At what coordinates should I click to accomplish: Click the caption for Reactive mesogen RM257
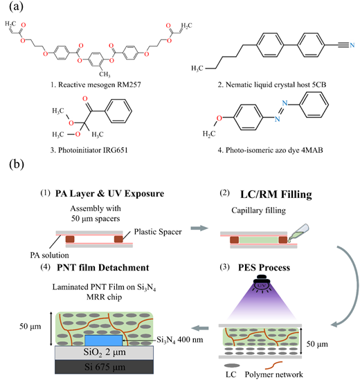pyautogui.click(x=96, y=85)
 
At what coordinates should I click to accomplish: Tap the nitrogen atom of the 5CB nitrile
pyautogui.click(x=352, y=45)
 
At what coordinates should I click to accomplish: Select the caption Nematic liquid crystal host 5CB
pyautogui.click(x=272, y=85)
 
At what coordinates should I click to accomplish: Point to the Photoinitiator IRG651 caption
pyautogui.click(x=89, y=150)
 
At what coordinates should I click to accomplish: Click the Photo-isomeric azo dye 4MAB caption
pyautogui.click(x=270, y=150)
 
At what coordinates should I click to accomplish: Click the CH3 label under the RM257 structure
pyautogui.click(x=105, y=74)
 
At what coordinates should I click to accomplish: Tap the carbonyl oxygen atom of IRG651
pyautogui.click(x=85, y=99)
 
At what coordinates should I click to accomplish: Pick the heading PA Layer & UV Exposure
pyautogui.click(x=109, y=194)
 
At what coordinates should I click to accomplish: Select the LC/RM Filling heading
pyautogui.click(x=276, y=194)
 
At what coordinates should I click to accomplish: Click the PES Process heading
pyautogui.click(x=264, y=268)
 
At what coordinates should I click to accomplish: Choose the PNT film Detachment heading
pyautogui.click(x=102, y=268)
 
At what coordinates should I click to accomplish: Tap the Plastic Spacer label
pyautogui.click(x=158, y=232)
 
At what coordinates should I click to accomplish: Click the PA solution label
pyautogui.click(x=49, y=255)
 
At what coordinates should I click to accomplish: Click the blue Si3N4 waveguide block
pyautogui.click(x=104, y=341)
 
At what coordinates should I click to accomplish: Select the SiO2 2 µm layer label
pyautogui.click(x=105, y=352)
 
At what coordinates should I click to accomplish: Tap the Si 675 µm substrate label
pyautogui.click(x=105, y=367)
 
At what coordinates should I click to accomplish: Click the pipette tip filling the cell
pyautogui.click(x=289, y=241)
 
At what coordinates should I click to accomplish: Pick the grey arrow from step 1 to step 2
pyautogui.click(x=199, y=228)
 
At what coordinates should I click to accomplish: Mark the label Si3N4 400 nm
pyautogui.click(x=179, y=340)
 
